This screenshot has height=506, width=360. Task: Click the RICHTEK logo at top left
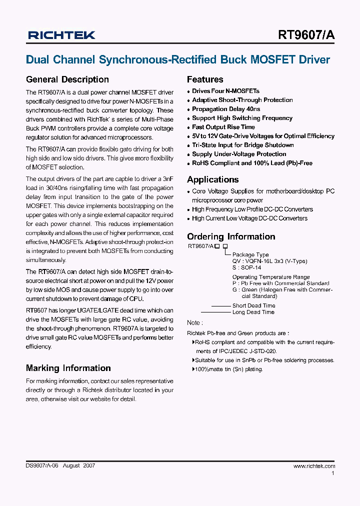click(61, 35)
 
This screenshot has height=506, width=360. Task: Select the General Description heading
click(67, 79)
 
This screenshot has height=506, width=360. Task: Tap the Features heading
click(205, 79)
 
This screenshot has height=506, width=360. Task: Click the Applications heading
click(213, 179)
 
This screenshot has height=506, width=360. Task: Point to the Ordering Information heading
click(231, 236)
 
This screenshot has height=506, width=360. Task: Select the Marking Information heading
click(68, 368)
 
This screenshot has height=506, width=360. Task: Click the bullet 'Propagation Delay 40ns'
click(226, 109)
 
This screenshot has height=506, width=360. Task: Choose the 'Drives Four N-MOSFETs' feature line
click(225, 91)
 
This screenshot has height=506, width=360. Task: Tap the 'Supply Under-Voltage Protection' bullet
click(239, 154)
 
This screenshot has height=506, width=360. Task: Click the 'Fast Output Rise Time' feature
click(223, 127)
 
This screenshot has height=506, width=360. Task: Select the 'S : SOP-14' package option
click(247, 267)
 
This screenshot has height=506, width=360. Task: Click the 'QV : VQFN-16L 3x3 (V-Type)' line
click(269, 261)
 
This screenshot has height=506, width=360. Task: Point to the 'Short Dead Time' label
click(253, 305)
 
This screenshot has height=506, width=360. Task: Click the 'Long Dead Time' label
click(253, 312)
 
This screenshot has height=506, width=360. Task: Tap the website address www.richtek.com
click(314, 465)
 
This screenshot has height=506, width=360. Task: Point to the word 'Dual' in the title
click(36, 60)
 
